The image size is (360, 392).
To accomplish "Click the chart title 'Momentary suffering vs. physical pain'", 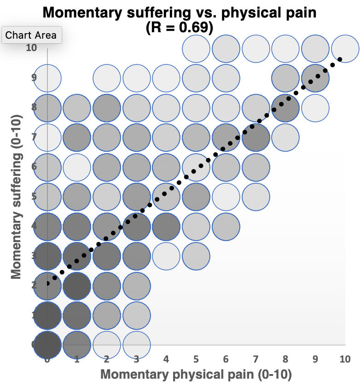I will coord(180,12).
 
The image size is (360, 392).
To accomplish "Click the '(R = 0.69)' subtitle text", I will coord(180,28).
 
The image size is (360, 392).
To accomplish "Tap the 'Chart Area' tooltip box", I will coord(31,35).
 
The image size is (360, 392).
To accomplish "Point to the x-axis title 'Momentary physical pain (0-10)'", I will coord(196,375).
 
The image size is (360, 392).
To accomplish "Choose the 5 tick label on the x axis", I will coord(196,359).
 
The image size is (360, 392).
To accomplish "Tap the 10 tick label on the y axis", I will coord(31,47).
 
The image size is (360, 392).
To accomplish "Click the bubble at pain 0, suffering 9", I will coord(47,77).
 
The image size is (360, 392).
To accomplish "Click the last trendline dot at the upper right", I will coord(340,59).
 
